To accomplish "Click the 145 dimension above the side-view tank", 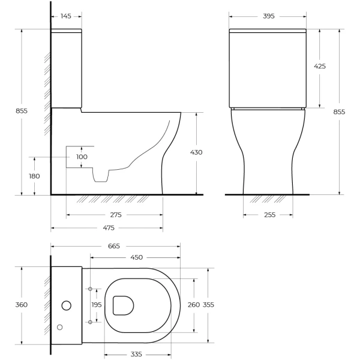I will (67, 16).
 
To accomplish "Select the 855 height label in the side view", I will (21, 110).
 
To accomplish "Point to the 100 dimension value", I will (82, 157).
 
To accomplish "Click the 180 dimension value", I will (34, 176).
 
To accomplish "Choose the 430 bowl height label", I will (196, 152).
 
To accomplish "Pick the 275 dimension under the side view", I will (116, 215).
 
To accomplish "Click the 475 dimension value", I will (108, 228).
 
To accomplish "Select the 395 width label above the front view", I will (268, 16).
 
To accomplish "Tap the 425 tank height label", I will (320, 67).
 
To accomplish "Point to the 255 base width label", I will (269, 215).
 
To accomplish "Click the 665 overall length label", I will (114, 246).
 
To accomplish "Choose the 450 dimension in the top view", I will (136, 257).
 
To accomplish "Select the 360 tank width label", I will (22, 305).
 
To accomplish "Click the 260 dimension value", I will (194, 305).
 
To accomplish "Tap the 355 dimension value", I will (209, 305).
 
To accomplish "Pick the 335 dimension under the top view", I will (140, 354).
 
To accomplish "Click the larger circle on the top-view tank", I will (66, 305).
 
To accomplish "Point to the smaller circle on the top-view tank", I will (59, 327).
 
